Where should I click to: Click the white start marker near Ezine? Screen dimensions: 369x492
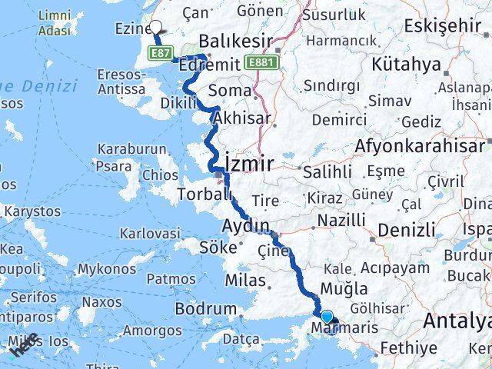(156, 28)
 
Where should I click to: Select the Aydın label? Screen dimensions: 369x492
(244, 226)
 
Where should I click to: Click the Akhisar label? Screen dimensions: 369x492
(241, 119)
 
